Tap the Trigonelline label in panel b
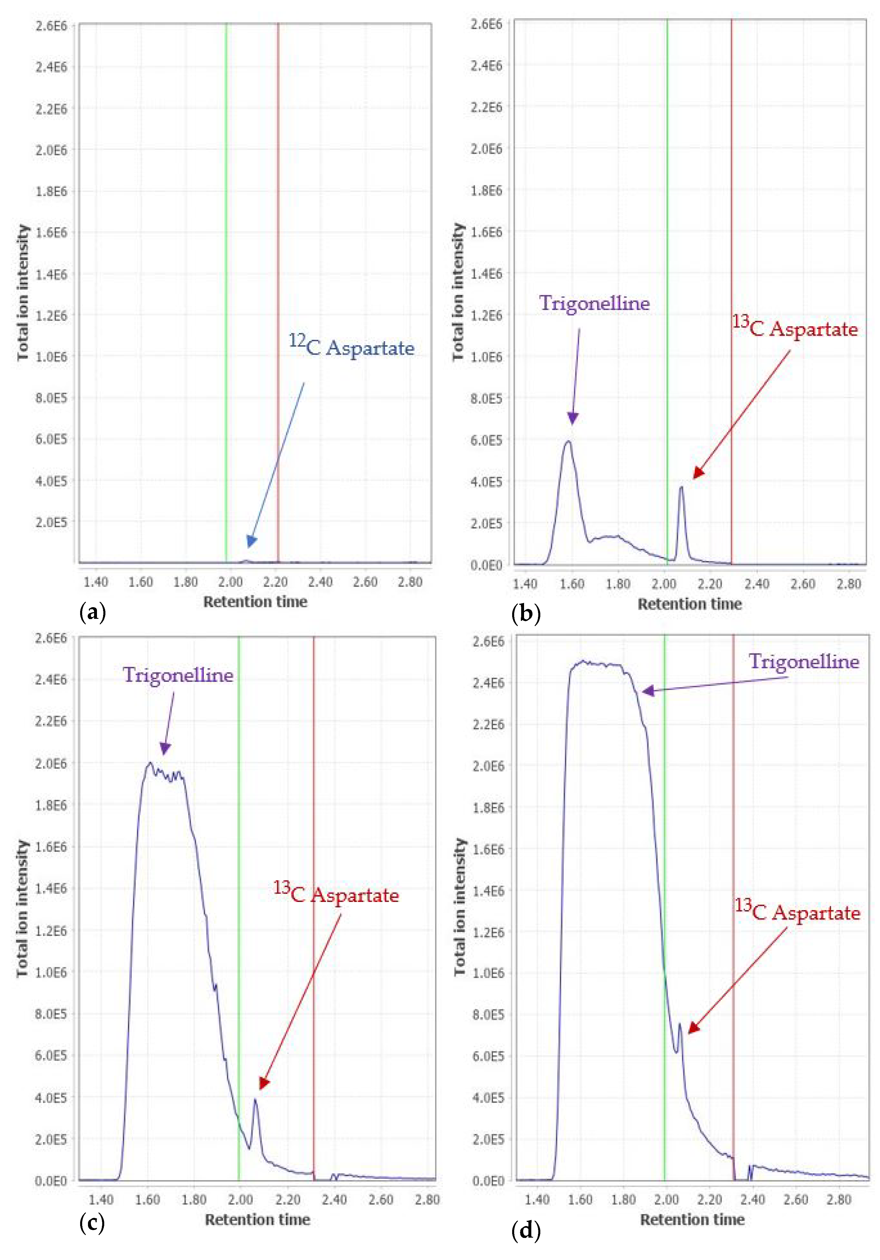(594, 303)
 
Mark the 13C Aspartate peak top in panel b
(681, 487)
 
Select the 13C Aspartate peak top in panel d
(680, 1023)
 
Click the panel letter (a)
(92, 611)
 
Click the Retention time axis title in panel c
(257, 1219)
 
